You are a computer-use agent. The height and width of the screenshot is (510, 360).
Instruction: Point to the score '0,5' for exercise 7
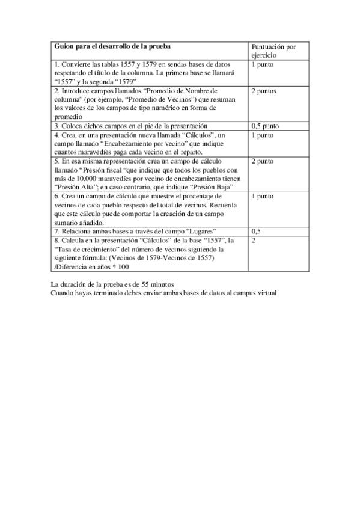click(x=256, y=231)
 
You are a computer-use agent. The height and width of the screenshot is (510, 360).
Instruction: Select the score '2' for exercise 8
click(x=254, y=240)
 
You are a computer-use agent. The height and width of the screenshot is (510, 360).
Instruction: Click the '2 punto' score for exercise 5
click(x=263, y=161)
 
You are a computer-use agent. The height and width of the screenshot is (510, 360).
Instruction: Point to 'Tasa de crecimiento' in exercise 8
click(x=87, y=248)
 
